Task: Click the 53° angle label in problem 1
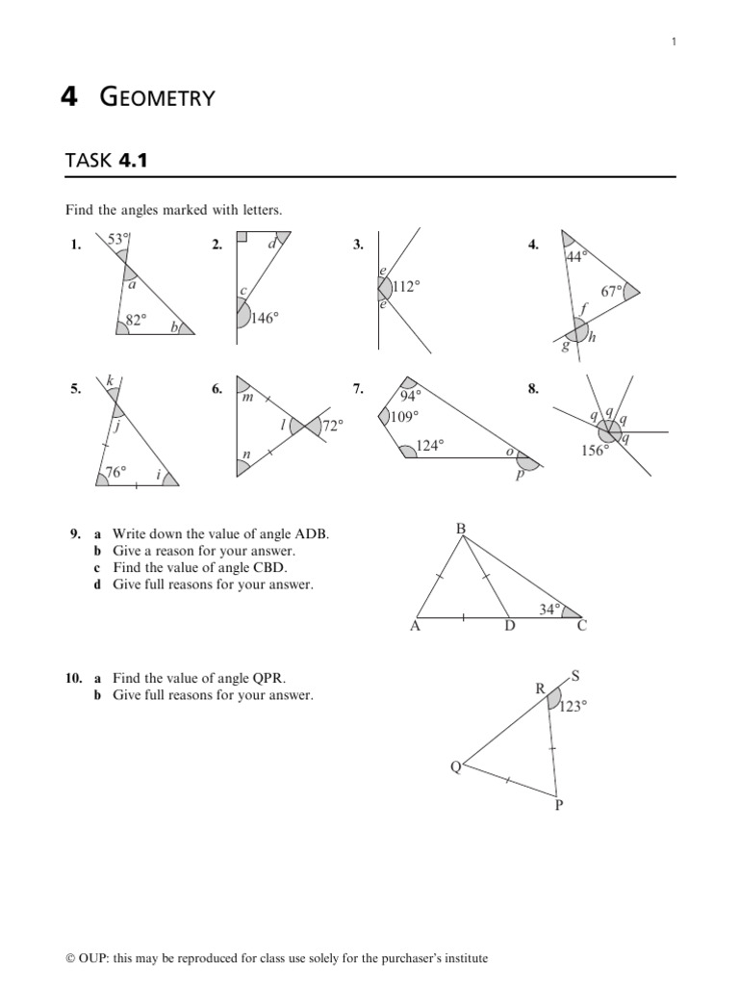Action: pos(117,239)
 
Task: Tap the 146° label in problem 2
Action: pos(264,318)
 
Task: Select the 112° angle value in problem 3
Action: pos(406,286)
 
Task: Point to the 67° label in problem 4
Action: pos(612,292)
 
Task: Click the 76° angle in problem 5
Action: pos(115,472)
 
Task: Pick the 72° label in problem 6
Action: pos(332,425)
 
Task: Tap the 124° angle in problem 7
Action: pos(429,446)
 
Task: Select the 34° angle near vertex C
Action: pos(549,609)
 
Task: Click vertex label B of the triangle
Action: pos(460,529)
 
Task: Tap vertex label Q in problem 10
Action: pos(455,766)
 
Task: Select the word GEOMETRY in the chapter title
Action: pos(158,97)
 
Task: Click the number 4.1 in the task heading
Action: pos(134,160)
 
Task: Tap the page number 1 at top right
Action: pos(674,41)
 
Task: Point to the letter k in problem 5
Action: pos(111,382)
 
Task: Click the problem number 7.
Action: pos(357,389)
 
